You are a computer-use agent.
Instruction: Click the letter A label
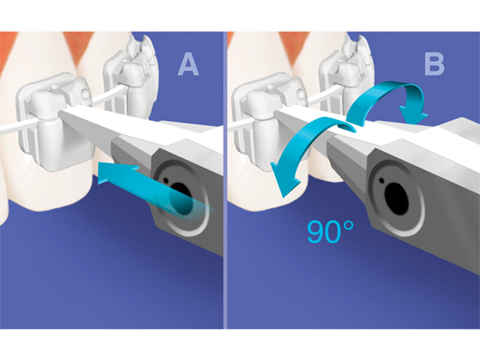coord(188,65)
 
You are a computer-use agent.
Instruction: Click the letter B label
coord(434,65)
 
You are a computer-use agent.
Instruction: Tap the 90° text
coord(331,232)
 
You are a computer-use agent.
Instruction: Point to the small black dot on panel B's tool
coord(382,181)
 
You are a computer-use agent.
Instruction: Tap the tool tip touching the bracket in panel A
coord(63,114)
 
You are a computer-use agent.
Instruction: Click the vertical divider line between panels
coord(225,180)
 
